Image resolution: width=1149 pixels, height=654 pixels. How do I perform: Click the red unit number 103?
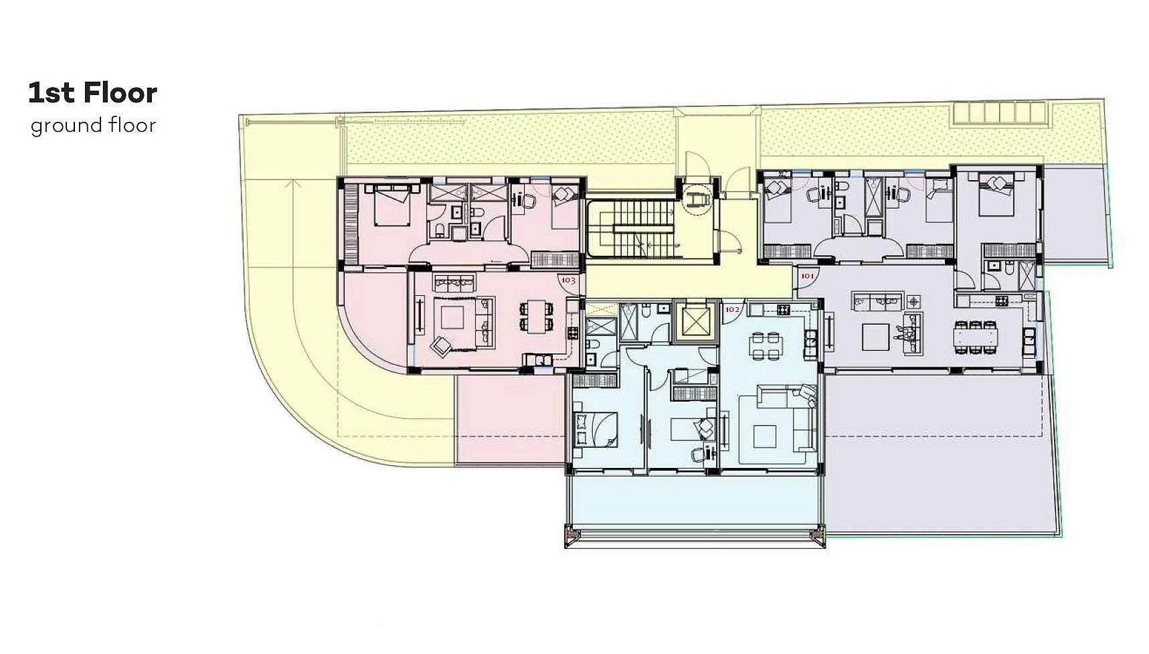point(568,280)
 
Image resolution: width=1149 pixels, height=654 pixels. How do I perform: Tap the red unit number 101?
point(807,275)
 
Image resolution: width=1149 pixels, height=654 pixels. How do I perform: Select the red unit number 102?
point(732,309)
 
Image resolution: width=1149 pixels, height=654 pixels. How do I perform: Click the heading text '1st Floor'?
point(92,93)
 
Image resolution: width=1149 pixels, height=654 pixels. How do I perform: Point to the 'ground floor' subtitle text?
point(93,126)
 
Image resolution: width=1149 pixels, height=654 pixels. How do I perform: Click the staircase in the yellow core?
point(632,227)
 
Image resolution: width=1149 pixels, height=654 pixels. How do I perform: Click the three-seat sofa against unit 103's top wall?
point(454,280)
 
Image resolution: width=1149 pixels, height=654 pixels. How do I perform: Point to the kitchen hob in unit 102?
point(782,309)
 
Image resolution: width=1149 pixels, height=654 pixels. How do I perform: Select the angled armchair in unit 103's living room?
point(442,347)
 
